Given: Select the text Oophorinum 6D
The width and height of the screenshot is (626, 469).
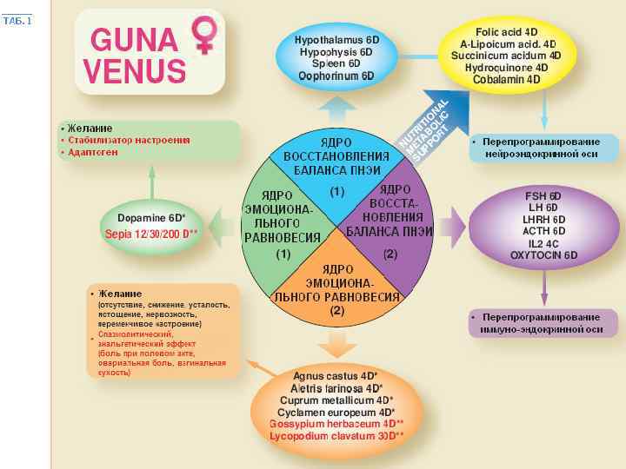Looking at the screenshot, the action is tap(336, 76).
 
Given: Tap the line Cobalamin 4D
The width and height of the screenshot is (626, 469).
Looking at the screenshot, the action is tap(507, 79).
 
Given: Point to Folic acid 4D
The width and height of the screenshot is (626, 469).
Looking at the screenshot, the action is tap(507, 31).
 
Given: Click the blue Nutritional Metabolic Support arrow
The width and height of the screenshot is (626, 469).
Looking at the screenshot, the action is tap(424, 131).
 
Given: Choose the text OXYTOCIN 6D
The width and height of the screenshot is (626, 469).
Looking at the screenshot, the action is tap(544, 256).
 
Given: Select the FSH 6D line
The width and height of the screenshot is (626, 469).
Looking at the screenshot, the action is tap(544, 195).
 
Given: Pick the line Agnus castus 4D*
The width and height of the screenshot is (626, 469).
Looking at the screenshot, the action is tap(336, 376).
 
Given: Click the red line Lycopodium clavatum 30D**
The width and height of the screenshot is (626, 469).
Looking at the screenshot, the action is tap(336, 436).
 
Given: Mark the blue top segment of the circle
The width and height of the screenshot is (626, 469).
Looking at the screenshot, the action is tap(336, 169).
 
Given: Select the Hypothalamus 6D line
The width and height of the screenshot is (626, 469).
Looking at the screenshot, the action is tap(336, 40).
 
